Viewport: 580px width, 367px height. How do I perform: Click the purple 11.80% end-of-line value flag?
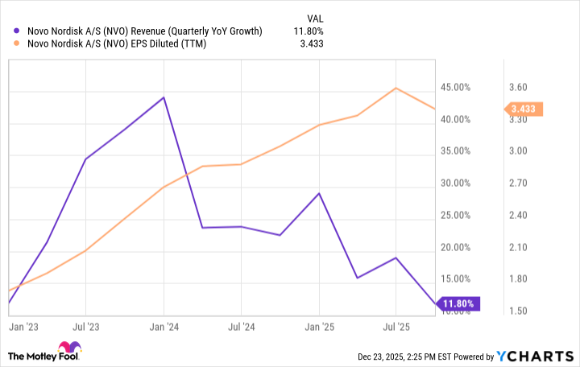pos(458,303)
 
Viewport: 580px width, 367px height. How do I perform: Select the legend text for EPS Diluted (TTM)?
pos(116,45)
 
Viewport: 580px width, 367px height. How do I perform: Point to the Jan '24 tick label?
pos(164,328)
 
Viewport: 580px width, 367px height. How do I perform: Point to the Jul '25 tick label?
pos(396,328)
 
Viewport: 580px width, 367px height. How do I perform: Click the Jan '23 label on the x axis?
pos(22,328)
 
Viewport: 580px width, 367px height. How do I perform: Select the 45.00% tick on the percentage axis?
pos(455,87)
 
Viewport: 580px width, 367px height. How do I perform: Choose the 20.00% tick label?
pos(455,247)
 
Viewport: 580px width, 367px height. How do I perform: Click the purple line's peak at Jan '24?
pos(164,97)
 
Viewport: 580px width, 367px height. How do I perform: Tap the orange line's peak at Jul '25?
pos(396,89)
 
